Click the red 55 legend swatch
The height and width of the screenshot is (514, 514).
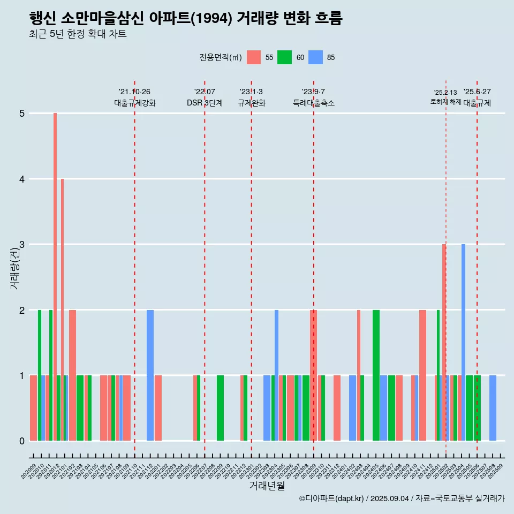(254, 57)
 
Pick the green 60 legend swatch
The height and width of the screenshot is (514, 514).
(284, 57)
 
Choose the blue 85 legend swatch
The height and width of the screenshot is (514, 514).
(315, 57)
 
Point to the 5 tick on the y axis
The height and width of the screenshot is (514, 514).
(22, 114)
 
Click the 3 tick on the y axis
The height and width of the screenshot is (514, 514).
(22, 245)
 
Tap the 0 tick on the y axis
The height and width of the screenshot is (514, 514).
(22, 441)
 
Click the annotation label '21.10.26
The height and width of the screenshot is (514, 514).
(134, 92)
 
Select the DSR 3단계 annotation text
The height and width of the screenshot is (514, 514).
(205, 103)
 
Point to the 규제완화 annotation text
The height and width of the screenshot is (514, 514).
(252, 103)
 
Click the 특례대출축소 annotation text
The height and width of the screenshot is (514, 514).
(314, 103)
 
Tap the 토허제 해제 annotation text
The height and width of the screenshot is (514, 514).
(445, 102)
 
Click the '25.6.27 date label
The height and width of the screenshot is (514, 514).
(477, 92)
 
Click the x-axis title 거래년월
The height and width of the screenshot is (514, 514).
(267, 486)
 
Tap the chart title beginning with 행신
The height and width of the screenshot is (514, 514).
(186, 19)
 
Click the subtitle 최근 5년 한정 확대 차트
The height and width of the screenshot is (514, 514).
(78, 35)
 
